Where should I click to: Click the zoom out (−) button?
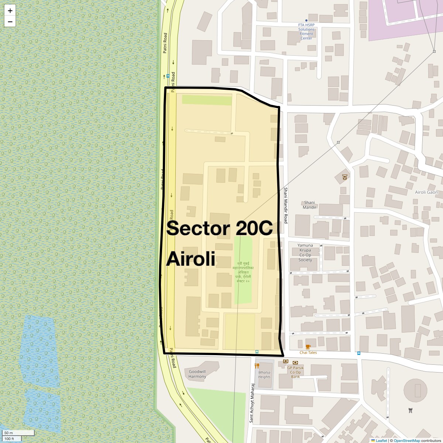click(x=10, y=21)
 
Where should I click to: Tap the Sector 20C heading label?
click(x=219, y=228)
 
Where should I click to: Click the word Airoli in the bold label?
click(x=190, y=259)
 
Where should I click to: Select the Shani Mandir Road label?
click(x=285, y=205)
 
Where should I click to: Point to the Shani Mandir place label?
click(x=309, y=205)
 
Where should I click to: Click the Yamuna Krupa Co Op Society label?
click(x=305, y=253)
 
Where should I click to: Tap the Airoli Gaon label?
click(x=426, y=192)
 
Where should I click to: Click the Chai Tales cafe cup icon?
click(x=308, y=347)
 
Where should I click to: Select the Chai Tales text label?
click(x=308, y=353)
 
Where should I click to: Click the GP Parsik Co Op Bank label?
click(x=295, y=372)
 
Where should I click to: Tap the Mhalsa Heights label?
click(x=264, y=375)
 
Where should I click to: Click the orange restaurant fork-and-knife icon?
click(x=257, y=366)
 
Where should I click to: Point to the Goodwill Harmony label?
click(x=197, y=374)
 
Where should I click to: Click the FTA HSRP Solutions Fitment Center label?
click(x=306, y=31)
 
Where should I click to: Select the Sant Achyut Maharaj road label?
click(x=251, y=402)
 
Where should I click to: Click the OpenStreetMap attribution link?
click(x=406, y=440)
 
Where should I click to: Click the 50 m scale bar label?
click(x=8, y=433)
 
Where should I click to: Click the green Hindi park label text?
click(x=243, y=272)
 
